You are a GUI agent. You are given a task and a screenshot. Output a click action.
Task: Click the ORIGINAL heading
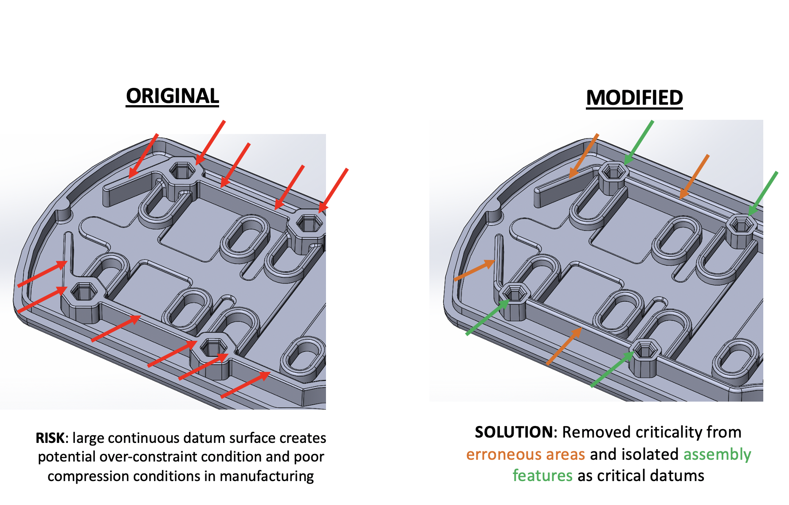click(x=172, y=96)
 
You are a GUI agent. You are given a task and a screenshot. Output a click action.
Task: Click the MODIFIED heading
click(x=634, y=98)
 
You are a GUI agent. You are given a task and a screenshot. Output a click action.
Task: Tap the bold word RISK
click(x=50, y=438)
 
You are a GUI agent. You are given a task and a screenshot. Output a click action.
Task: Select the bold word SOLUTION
click(x=513, y=432)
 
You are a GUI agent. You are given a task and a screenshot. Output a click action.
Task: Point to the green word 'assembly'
click(x=717, y=454)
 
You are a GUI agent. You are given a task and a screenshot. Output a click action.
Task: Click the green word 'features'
click(x=542, y=476)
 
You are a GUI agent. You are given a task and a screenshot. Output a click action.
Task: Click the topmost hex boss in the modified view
click(x=613, y=173)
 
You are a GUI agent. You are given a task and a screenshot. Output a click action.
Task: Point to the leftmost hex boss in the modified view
click(x=514, y=293)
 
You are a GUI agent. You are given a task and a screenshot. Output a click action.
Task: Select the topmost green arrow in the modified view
click(x=639, y=142)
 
